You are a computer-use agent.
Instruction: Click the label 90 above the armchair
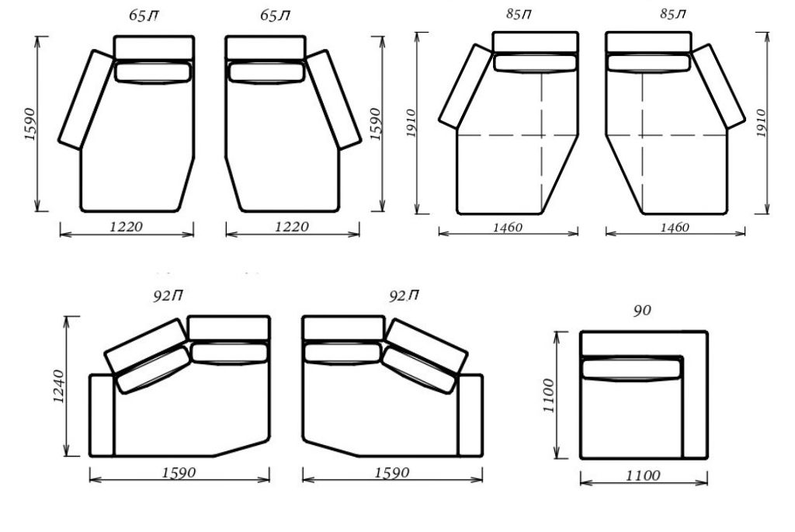tap(642, 311)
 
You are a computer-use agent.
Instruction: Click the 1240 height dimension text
tap(59, 387)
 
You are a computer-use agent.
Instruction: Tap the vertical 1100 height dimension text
tap(549, 395)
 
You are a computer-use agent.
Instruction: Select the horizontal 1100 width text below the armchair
tap(643, 476)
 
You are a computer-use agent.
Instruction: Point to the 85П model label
tap(519, 14)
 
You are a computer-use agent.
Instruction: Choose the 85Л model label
tap(673, 14)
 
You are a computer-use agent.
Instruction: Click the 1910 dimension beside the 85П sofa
tap(411, 123)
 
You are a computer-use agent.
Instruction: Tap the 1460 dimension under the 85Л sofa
tap(675, 228)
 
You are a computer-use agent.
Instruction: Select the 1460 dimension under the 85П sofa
tap(508, 228)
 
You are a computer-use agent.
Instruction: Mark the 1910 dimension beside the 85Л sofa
tap(761, 123)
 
